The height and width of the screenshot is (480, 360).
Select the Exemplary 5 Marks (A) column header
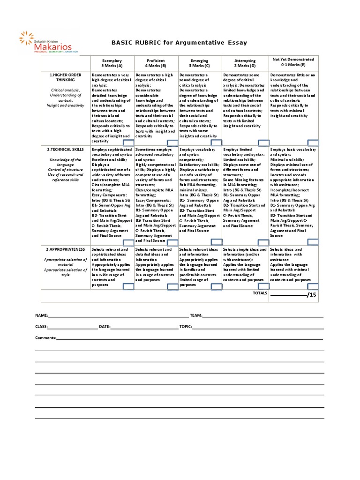112,63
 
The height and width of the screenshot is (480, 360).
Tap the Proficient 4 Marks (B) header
156,63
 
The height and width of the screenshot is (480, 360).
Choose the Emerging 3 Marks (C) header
200,63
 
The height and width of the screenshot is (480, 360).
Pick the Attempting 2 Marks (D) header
245,63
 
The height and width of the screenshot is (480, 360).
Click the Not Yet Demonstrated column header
293,62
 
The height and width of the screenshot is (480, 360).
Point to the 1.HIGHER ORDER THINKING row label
65,77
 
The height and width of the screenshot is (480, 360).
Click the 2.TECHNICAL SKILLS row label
65,150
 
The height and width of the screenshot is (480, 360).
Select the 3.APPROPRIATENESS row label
65,249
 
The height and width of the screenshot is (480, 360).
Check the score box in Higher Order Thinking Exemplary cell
128,142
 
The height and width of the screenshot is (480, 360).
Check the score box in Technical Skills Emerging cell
216,242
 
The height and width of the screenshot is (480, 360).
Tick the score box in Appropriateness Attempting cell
263,286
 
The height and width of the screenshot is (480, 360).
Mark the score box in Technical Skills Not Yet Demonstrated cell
312,242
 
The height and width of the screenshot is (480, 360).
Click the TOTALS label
259,293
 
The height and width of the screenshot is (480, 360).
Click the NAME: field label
41,315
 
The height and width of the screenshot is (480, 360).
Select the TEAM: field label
196,315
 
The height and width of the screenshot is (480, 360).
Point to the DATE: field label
105,326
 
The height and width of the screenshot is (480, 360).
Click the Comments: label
45,337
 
